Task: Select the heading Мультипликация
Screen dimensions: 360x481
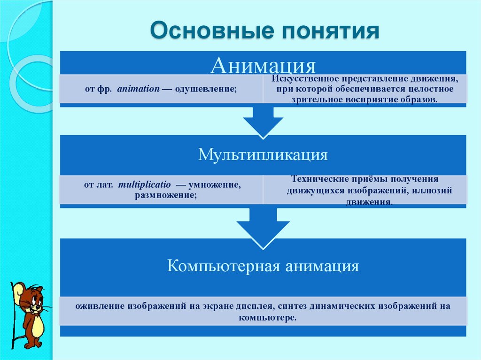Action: [263, 154]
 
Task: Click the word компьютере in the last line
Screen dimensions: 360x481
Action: [266, 318]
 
